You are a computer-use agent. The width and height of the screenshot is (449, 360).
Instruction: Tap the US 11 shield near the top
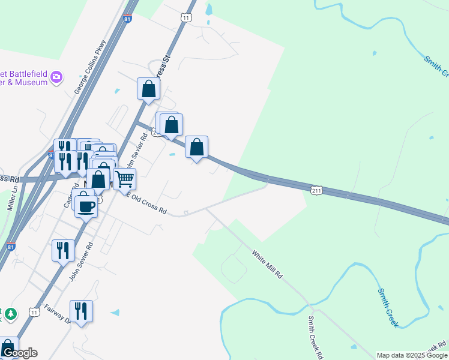coord(185,18)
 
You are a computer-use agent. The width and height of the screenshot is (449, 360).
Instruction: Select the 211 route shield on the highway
coord(317,190)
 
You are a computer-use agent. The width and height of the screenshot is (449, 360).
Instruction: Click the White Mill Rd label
coord(267,265)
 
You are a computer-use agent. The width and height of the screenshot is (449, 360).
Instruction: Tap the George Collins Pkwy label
coord(91,67)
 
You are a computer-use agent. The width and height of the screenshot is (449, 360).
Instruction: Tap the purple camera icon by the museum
coord(56,77)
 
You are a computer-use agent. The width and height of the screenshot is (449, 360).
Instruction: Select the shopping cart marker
coord(124,178)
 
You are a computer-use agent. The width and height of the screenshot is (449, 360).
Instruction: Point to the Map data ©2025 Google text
coord(411,355)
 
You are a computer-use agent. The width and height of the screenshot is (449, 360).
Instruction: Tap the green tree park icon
coord(10,314)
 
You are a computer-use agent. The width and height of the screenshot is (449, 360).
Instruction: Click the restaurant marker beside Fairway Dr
coord(81,311)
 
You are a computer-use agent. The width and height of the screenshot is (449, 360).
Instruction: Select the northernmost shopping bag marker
coord(148,89)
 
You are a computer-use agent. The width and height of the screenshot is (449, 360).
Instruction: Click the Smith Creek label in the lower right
coord(388,308)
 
